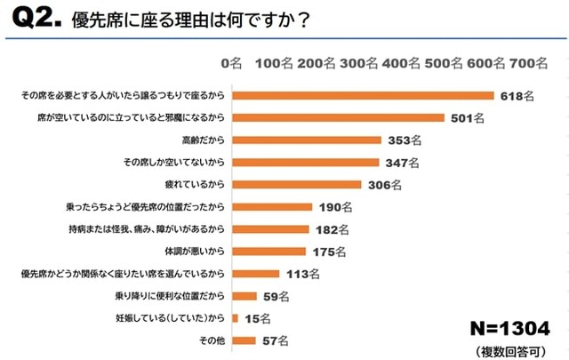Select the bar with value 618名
pos(363,95)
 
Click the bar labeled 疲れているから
pos(296,184)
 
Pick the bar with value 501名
pos(338,117)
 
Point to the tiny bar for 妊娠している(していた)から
pos(234,318)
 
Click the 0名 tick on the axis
pos(230,64)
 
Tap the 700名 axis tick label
pos(530,64)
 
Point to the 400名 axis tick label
pos(401,64)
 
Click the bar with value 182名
pos(269,229)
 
